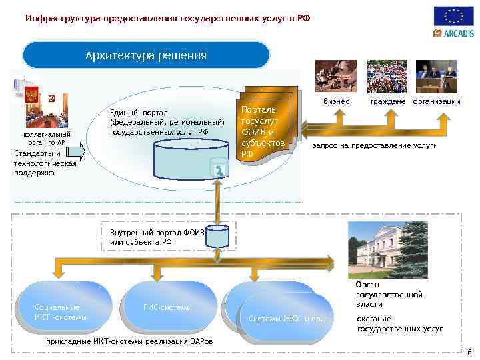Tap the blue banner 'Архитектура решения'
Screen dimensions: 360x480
click(146, 55)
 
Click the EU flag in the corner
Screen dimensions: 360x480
click(454, 15)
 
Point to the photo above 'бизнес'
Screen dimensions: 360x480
click(335, 76)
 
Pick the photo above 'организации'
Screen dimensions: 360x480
click(437, 76)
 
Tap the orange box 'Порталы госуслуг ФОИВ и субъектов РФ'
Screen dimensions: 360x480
click(264, 127)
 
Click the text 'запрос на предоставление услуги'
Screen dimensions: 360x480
click(375, 145)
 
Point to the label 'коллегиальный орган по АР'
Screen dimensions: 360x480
click(41, 138)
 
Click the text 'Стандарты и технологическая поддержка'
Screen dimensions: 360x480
click(45, 163)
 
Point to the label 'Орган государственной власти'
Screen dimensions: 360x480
click(389, 294)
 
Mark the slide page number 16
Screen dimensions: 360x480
click(466, 352)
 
